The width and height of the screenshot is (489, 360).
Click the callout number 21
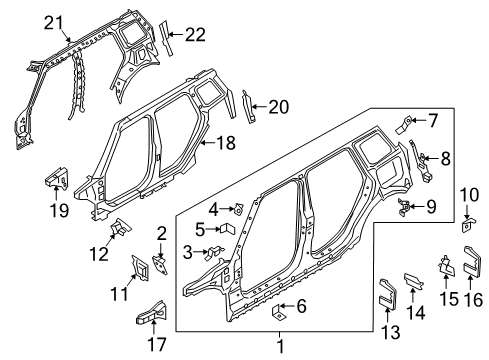[x=54, y=24]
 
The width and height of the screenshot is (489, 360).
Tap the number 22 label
[x=195, y=34]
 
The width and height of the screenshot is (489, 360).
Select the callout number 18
[x=226, y=143]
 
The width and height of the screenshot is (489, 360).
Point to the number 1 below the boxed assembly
[x=281, y=346]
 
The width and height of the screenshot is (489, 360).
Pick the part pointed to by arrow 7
[x=404, y=124]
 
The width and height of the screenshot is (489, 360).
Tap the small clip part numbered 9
[x=404, y=207]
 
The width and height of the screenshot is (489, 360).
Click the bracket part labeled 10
[x=468, y=224]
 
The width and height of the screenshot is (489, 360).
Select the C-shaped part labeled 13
[x=388, y=294]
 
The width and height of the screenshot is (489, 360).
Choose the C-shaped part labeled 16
[x=472, y=262]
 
